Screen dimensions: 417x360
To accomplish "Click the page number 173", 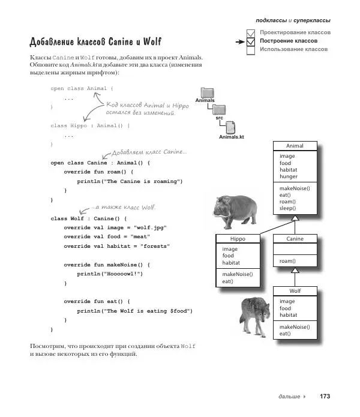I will (x=325, y=397).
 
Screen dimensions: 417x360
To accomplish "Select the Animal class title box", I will (x=294, y=146).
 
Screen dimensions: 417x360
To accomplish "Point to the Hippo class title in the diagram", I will (x=238, y=238).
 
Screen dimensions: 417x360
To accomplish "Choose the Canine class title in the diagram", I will (x=294, y=238).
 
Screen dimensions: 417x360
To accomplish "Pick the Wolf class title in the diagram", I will (x=294, y=291).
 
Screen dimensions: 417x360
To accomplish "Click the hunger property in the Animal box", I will (x=288, y=177).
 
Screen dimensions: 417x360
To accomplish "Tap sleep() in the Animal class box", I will (x=288, y=209).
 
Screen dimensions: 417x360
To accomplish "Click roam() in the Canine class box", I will (x=287, y=261).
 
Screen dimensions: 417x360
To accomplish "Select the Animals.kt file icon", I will (x=231, y=128).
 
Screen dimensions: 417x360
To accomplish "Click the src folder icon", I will (x=220, y=110).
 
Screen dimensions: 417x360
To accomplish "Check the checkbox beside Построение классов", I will (x=252, y=41).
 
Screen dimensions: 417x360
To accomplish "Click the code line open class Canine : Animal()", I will (x=98, y=163).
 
